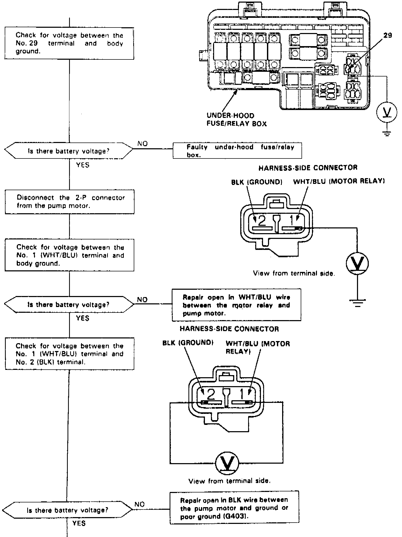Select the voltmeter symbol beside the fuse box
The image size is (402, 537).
point(387,112)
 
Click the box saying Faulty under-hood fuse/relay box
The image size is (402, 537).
point(237,151)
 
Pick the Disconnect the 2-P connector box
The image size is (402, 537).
point(70,202)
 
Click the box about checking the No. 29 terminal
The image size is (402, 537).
point(69,43)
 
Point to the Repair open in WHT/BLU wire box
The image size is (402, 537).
point(236,305)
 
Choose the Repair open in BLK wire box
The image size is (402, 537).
point(234,508)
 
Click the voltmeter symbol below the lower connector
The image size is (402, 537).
point(227,463)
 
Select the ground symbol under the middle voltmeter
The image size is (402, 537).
point(358,303)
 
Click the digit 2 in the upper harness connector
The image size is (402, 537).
point(262,221)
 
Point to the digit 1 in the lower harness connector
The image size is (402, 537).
point(242,394)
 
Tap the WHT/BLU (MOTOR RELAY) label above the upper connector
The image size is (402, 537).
point(339,181)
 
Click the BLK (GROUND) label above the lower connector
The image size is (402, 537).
point(188,343)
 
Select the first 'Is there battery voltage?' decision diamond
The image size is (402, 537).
point(69,151)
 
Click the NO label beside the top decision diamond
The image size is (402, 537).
point(142,144)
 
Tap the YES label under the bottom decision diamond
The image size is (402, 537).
point(79,523)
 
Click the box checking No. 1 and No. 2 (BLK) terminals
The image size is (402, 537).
point(70,354)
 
